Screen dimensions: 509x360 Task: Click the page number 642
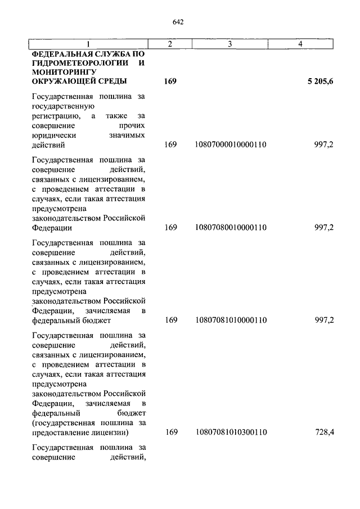(179, 22)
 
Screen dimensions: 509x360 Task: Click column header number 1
(88, 43)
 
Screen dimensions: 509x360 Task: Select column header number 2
(170, 43)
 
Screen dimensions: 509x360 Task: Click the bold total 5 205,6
(320, 82)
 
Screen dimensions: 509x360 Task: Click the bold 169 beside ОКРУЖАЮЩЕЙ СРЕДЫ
(170, 82)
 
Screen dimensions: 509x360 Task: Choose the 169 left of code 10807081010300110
(170, 432)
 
